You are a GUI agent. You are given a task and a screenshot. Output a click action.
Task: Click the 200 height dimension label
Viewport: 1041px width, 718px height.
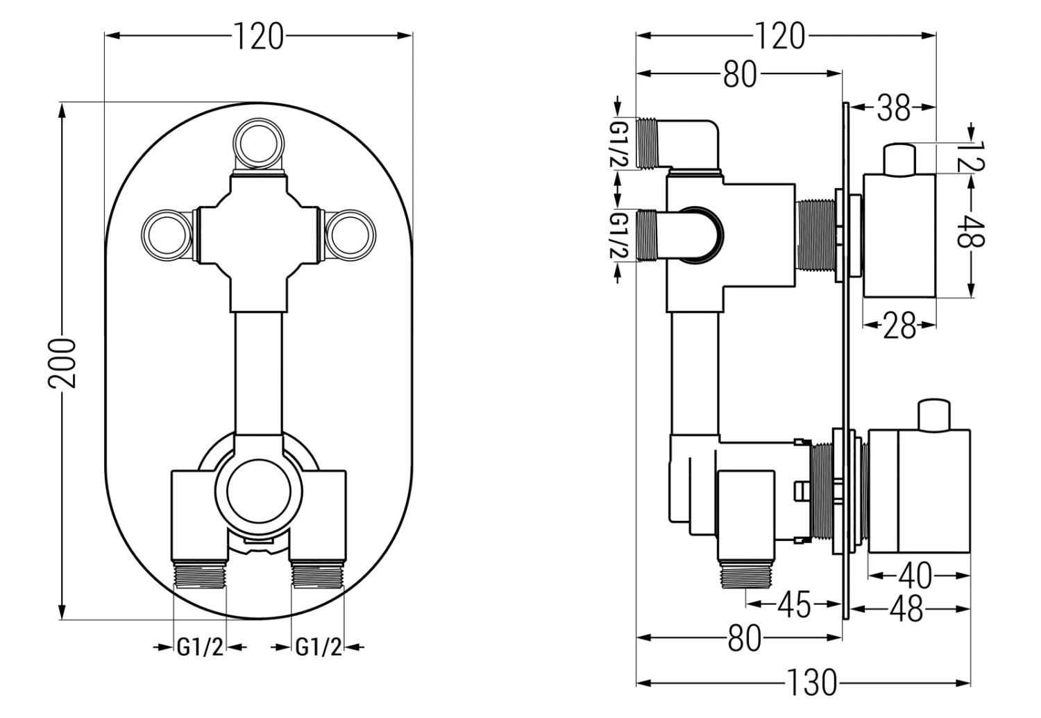(64, 362)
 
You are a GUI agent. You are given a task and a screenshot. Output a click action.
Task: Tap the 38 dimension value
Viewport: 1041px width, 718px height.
(893, 108)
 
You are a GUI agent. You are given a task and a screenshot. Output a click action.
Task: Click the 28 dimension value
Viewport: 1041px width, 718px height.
(899, 325)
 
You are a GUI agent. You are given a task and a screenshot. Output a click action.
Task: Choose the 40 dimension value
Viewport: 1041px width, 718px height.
(915, 575)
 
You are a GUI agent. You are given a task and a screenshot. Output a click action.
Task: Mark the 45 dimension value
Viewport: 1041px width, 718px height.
(793, 605)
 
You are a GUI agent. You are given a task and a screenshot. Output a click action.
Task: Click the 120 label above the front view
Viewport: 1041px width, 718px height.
(257, 36)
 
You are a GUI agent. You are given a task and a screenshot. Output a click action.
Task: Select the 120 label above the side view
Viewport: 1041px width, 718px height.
(778, 36)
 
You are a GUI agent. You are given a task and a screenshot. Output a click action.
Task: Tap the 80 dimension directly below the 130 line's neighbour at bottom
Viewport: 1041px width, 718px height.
(744, 639)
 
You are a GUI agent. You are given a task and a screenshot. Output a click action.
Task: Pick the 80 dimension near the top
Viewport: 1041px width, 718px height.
(739, 74)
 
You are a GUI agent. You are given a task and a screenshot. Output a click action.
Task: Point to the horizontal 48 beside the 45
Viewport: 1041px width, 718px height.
(906, 609)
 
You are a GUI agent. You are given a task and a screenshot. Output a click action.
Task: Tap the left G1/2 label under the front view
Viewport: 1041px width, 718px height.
(200, 647)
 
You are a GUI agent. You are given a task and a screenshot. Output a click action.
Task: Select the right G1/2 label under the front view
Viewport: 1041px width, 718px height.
(319, 647)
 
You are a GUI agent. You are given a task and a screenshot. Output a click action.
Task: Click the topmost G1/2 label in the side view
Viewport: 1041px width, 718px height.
(618, 144)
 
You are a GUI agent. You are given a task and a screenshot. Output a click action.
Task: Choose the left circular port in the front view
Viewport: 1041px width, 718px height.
(165, 234)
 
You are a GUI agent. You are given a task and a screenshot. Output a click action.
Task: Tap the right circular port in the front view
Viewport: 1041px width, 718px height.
(350, 234)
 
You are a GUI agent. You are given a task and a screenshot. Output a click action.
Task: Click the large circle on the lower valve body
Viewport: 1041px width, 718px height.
(258, 490)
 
